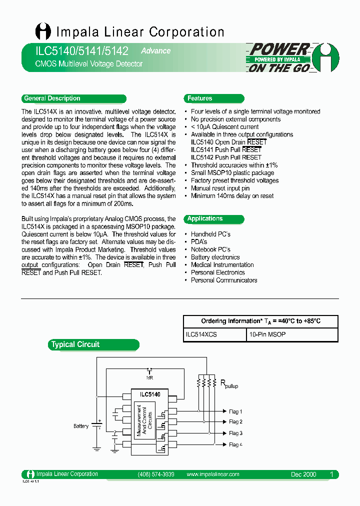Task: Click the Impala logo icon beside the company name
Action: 43,31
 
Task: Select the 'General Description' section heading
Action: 52,98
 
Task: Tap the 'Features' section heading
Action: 200,98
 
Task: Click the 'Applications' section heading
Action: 205,218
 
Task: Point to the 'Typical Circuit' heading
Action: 75,344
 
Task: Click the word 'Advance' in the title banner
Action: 155,51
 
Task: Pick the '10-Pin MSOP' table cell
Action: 267,334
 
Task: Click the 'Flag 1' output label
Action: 235,411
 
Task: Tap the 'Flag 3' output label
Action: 235,433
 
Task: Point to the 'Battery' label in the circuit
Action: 81,426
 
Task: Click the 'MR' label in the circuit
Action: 149,377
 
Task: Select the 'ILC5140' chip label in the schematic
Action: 150,394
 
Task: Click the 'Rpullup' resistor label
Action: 229,384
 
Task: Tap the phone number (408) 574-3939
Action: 155,474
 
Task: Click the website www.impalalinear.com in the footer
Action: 212,474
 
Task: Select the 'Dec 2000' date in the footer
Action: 303,474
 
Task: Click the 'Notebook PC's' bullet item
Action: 210,249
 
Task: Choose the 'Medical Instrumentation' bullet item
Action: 222,265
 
